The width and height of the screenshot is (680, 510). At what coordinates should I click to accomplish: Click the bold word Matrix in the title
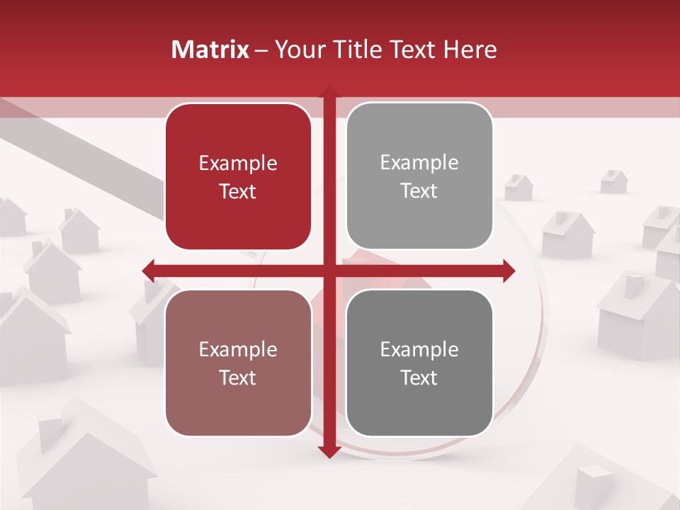(x=210, y=50)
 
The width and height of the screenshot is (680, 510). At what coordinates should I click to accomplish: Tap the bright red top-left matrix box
(x=238, y=176)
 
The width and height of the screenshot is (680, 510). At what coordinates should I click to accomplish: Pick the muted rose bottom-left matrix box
(x=238, y=363)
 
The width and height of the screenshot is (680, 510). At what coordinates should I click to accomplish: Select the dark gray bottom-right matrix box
(x=419, y=363)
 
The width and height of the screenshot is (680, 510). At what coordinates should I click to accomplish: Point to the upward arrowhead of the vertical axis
(x=329, y=93)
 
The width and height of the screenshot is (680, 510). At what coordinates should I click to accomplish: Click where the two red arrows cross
(x=329, y=270)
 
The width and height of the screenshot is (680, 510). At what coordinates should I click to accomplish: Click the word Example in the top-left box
(x=238, y=164)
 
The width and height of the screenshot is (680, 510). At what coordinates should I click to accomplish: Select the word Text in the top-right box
(x=419, y=191)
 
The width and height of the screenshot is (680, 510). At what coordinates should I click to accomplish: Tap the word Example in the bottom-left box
(x=238, y=350)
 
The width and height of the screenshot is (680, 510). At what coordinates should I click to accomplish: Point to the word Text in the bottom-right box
(x=419, y=378)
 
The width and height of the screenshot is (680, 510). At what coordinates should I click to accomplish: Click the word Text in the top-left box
(x=238, y=191)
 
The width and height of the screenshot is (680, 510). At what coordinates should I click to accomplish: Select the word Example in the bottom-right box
(x=419, y=349)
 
